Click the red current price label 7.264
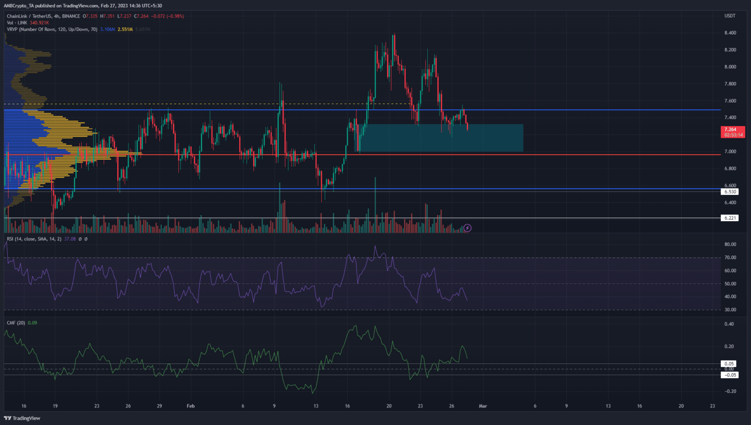[730, 129]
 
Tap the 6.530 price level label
[730, 192]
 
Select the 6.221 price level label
[730, 218]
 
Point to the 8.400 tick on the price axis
[730, 33]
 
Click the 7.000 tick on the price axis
[730, 151]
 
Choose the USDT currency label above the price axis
[729, 16]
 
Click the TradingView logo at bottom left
[22, 418]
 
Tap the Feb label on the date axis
[191, 406]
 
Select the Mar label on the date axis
[483, 406]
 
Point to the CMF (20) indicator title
[16, 323]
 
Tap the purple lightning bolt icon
[467, 228]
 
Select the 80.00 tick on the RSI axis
[730, 244]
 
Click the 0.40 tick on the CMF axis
[729, 324]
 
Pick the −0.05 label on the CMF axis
[730, 375]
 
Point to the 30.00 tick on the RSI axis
[730, 310]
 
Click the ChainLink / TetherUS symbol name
[29, 16]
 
